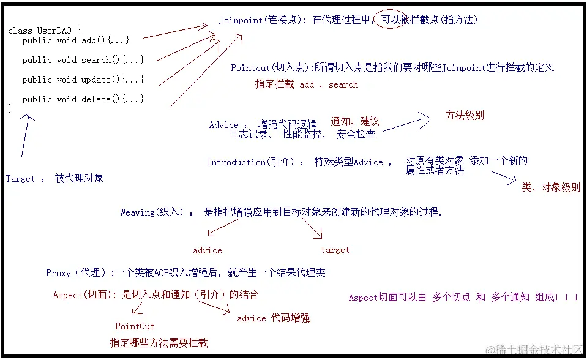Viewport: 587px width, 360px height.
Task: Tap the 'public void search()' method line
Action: [x=83, y=60]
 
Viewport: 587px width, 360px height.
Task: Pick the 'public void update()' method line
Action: [x=83, y=80]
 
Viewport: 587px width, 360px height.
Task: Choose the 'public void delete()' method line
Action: [x=83, y=99]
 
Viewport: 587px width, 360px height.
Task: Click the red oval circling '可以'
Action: [x=391, y=20]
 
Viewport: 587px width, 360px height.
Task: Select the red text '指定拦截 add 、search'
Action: [x=306, y=84]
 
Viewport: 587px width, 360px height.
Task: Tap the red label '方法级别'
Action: [x=465, y=115]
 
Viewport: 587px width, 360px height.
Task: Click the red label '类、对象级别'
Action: [x=550, y=188]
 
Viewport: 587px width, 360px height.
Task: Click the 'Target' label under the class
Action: [x=21, y=179]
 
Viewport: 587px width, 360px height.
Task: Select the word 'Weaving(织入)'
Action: [x=151, y=212]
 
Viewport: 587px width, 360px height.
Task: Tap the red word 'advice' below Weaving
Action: [x=207, y=250]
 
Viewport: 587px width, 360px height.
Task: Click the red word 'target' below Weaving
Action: [x=335, y=250]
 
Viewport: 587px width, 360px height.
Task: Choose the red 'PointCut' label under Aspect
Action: [x=135, y=326]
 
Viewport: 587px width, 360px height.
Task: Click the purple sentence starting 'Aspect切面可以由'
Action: [x=463, y=298]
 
